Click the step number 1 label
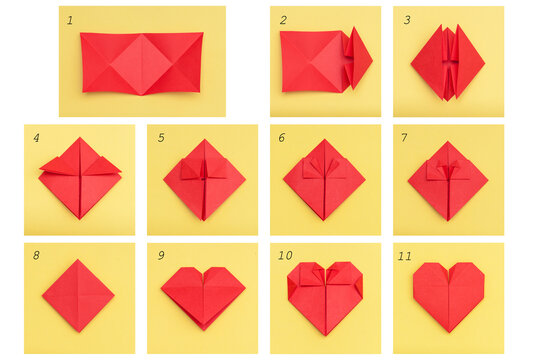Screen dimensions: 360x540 tap(70, 20)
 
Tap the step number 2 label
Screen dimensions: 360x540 tap(283, 20)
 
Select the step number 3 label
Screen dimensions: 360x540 tap(406, 20)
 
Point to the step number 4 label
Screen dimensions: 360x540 tap(36, 138)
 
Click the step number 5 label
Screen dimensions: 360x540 tap(160, 138)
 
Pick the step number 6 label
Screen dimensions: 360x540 tap(282, 138)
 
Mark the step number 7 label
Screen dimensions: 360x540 tap(405, 138)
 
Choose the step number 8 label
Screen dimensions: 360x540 tap(36, 256)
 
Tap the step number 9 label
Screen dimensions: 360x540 tap(160, 256)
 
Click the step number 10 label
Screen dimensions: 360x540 tap(285, 256)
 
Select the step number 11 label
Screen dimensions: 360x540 tap(405, 256)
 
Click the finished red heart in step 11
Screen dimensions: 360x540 tap(448, 294)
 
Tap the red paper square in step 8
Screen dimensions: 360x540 tap(78, 295)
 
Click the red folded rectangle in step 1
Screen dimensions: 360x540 tap(142, 62)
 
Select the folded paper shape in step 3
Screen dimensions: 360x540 tap(447, 62)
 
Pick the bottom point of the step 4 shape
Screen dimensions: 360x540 tap(80, 218)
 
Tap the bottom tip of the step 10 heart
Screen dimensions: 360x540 tap(325, 334)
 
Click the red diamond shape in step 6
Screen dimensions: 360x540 tap(324, 180)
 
